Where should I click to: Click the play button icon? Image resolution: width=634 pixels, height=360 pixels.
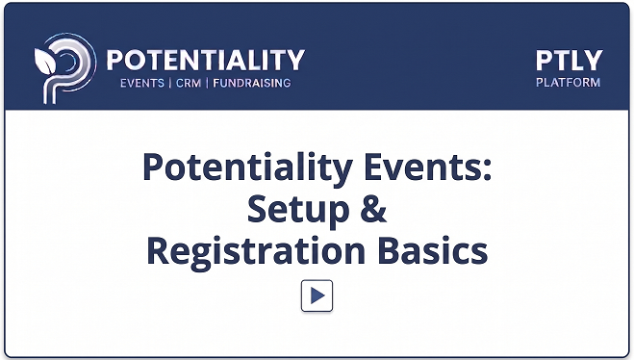click(317, 296)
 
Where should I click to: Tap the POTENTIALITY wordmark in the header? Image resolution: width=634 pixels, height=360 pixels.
click(206, 60)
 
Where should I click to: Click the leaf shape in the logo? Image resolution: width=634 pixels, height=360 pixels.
click(45, 62)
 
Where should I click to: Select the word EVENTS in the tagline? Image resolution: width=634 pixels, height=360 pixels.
click(142, 84)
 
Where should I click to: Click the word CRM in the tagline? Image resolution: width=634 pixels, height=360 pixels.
click(189, 84)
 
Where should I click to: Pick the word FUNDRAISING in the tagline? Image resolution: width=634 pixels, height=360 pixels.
click(252, 84)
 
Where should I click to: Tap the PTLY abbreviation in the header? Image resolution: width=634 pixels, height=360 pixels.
click(569, 61)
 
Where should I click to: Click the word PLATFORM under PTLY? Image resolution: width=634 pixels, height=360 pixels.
click(568, 83)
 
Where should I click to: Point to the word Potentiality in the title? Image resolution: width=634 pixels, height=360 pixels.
click(248, 168)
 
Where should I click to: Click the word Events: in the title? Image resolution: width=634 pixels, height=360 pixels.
click(428, 167)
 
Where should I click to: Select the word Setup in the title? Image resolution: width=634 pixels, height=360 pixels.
click(298, 210)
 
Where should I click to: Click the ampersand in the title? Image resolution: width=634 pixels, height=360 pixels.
click(373, 209)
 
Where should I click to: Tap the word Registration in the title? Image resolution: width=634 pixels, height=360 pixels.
click(256, 252)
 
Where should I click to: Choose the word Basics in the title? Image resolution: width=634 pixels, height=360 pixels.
click(433, 250)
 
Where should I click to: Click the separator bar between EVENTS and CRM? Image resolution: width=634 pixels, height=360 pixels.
click(170, 84)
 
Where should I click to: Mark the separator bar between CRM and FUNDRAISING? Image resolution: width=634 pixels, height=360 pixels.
click(207, 84)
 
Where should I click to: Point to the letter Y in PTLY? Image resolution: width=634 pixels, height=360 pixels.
click(594, 61)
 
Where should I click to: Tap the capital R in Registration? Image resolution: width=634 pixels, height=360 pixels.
click(157, 250)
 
